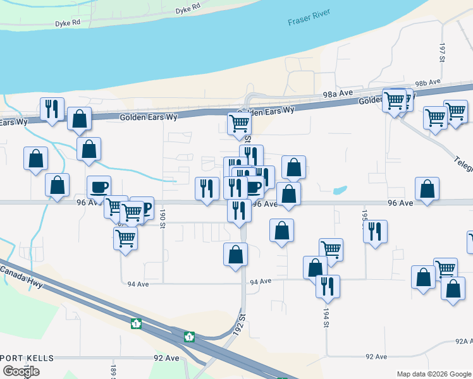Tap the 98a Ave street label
[x=337, y=93]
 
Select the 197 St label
[x=443, y=53]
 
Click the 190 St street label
[x=163, y=217]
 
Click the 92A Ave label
[x=464, y=341]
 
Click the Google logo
[x=21, y=371]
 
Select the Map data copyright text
[x=433, y=374]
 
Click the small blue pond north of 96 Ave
[x=340, y=189]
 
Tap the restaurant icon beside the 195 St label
[x=375, y=231]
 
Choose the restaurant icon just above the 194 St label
[x=328, y=286]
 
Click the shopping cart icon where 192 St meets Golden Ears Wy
[x=239, y=123]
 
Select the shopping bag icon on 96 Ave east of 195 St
[x=427, y=188]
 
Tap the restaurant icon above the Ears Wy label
[x=52, y=108]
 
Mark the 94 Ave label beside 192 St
[x=261, y=282]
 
